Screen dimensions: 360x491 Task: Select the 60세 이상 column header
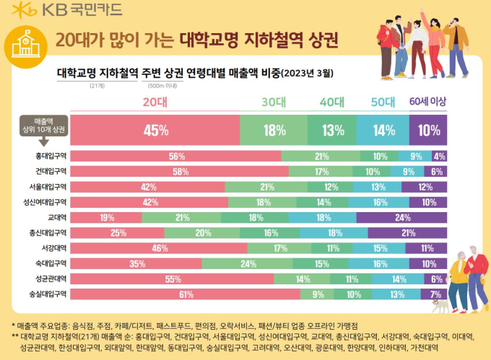coord(429,102)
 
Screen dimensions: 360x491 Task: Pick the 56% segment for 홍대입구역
coord(177,156)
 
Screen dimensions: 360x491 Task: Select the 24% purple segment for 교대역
coord(402,217)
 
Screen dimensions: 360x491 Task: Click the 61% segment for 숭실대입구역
coord(186,294)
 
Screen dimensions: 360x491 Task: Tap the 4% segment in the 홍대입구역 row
coord(439,156)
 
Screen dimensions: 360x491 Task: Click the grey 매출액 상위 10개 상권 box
coord(44,124)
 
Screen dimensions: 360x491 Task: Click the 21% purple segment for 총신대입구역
coord(407,232)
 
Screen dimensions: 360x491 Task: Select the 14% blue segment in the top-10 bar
coord(385,131)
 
